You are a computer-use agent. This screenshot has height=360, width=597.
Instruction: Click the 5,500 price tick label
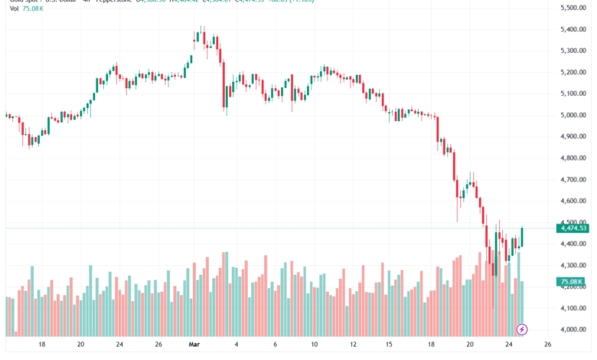[x=573, y=8]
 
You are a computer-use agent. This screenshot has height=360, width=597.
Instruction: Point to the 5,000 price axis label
[x=573, y=115]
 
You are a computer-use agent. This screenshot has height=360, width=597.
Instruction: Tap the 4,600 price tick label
[x=573, y=201]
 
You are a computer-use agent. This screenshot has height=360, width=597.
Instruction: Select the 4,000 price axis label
[x=573, y=329]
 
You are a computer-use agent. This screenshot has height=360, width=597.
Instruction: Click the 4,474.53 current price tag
[x=573, y=227]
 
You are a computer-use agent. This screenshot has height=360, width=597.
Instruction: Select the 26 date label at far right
[x=548, y=345]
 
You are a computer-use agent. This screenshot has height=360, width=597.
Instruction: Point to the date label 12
[x=354, y=345]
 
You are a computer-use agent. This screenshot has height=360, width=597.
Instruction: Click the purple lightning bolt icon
[x=522, y=329]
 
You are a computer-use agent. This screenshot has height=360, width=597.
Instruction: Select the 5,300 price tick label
[x=573, y=51]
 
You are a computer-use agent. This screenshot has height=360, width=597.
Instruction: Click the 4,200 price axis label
[x=573, y=286]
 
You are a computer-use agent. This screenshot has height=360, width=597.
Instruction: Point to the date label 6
[x=276, y=345]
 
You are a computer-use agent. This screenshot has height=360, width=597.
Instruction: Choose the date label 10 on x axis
[x=315, y=345]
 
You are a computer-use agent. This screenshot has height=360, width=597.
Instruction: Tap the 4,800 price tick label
[x=573, y=158]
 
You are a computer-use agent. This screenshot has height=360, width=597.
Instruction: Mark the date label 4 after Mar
[x=237, y=345]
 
